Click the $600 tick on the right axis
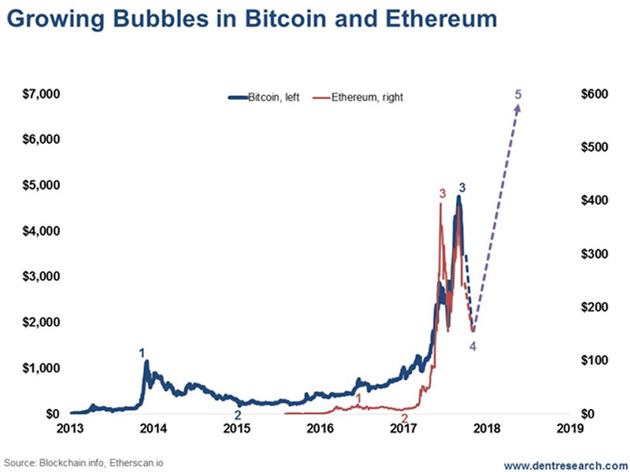[x=595, y=94]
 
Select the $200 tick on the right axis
[x=595, y=307]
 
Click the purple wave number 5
[x=517, y=95]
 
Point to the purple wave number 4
[x=472, y=345]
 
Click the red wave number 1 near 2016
[x=359, y=399]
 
